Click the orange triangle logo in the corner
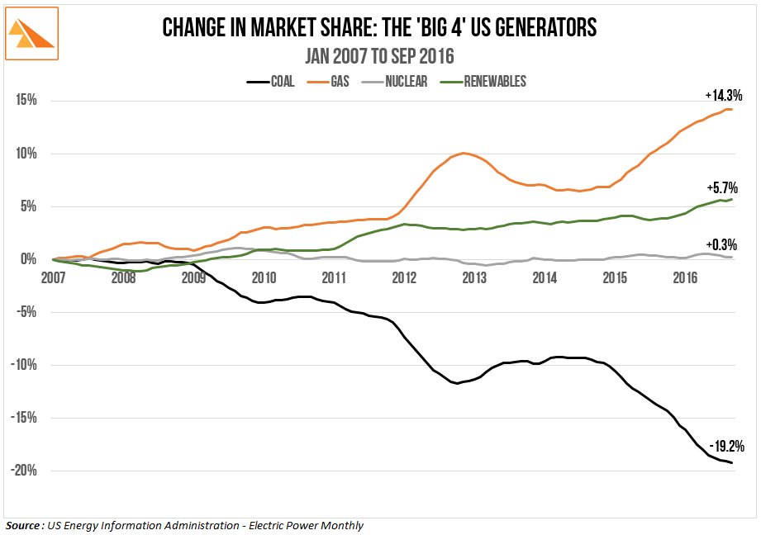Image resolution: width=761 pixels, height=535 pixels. tap(31, 32)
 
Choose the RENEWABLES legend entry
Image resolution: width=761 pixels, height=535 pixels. tap(483, 81)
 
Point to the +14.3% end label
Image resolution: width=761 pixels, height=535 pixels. tap(725, 96)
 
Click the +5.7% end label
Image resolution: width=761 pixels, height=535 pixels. tap(725, 187)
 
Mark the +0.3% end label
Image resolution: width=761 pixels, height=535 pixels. tap(725, 244)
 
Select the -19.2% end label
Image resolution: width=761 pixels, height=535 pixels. tap(726, 447)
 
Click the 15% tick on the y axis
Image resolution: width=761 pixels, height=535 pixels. tap(25, 101)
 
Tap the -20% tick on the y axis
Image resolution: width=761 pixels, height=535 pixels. tap(22, 471)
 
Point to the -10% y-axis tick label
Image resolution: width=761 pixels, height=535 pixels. tap(22, 365)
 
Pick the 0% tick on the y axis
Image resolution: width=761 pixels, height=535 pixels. tap(27, 259)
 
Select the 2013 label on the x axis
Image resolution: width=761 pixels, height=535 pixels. tap(474, 277)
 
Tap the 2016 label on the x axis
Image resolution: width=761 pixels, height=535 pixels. tap(686, 277)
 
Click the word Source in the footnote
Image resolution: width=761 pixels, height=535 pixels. tap(22, 525)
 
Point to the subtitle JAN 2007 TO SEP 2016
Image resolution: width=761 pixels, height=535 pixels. tap(379, 57)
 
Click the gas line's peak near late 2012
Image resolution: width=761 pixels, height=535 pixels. tap(464, 153)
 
